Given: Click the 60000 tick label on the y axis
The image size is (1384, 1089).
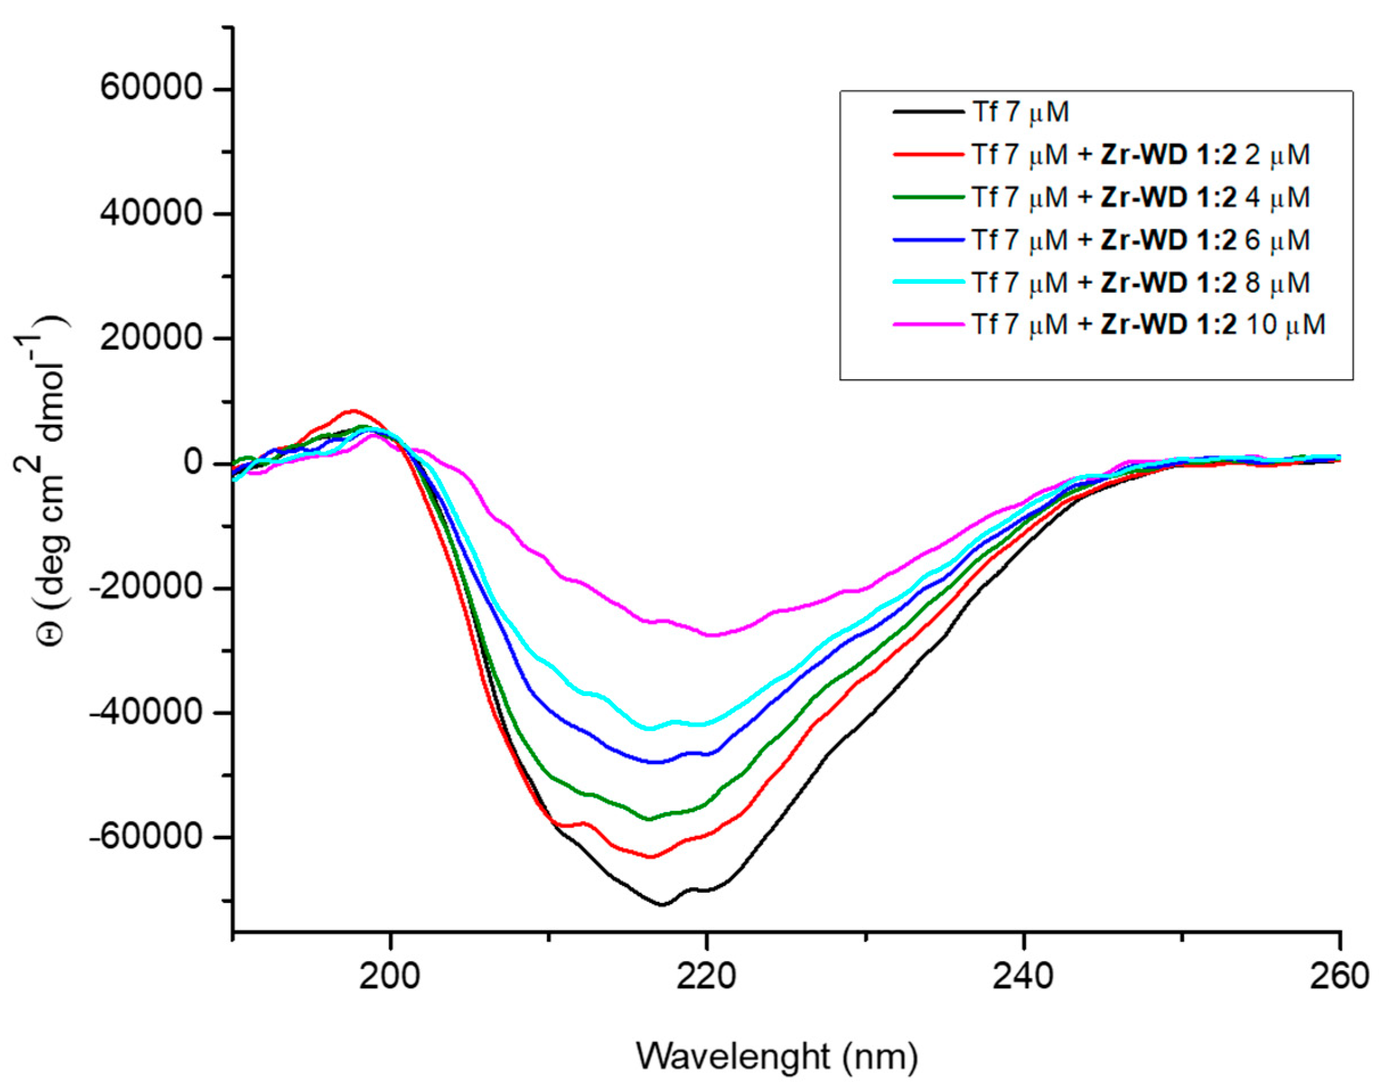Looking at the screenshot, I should click(151, 89).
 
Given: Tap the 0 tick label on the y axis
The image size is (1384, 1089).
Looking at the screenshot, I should click(193, 462).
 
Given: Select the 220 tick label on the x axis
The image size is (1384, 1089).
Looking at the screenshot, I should click(706, 975).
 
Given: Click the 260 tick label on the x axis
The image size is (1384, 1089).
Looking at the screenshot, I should click(1340, 975).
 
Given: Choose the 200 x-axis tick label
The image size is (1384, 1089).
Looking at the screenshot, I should click(390, 975).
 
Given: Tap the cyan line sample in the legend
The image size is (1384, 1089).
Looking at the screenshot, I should click(928, 282).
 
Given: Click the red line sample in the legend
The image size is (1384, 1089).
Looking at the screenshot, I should click(928, 154).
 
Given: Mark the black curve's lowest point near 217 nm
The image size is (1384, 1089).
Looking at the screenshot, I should click(662, 904).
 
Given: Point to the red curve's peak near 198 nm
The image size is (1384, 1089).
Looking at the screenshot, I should click(354, 411).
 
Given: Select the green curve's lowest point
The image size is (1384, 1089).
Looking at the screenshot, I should click(649, 819).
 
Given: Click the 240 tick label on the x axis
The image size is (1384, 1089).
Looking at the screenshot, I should click(1022, 975).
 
